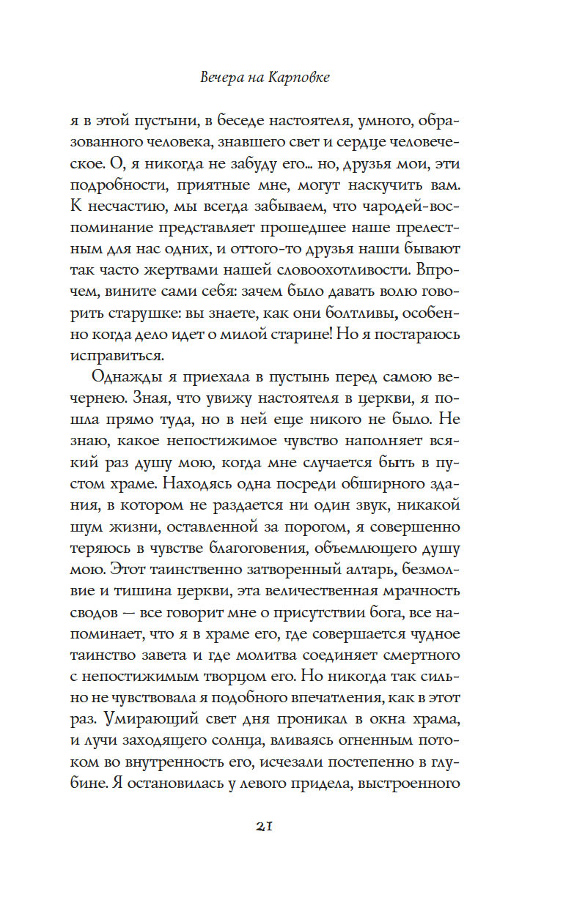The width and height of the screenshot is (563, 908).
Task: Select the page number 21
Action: (x=265, y=826)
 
